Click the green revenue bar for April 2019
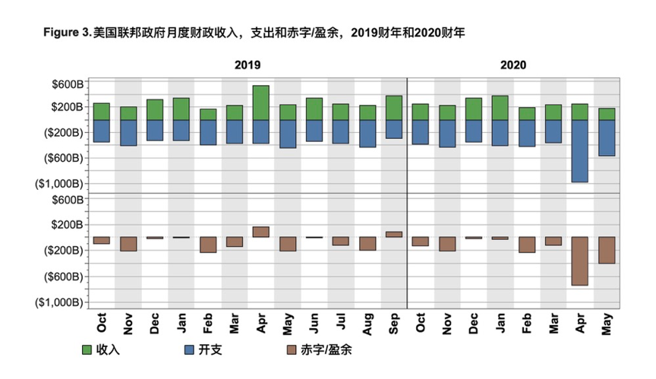click(261, 103)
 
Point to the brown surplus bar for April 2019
click(261, 232)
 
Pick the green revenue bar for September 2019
click(394, 108)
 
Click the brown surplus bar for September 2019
click(394, 234)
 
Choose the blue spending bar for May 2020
click(607, 137)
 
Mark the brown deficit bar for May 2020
click(607, 250)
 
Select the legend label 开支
click(207, 350)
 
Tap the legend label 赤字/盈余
click(327, 350)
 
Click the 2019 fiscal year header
click(248, 65)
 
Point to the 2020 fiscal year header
click(513, 65)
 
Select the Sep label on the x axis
click(395, 324)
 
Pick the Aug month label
click(368, 324)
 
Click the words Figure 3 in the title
click(67, 33)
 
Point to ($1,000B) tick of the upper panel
click(59, 183)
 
